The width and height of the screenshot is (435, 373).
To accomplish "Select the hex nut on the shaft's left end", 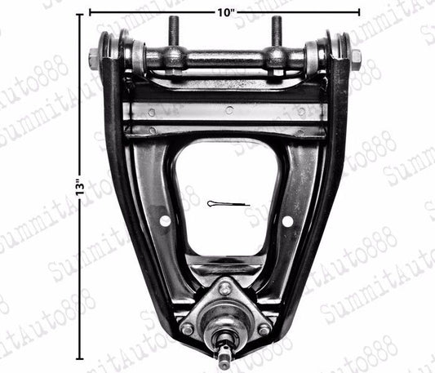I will tap(94, 60).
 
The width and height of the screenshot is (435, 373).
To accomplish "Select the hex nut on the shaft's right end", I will tap(355, 60).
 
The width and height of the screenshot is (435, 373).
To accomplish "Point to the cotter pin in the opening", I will tap(224, 203).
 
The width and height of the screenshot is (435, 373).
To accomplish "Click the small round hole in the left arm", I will tap(165, 220).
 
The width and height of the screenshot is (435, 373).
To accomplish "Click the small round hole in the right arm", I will tap(286, 220).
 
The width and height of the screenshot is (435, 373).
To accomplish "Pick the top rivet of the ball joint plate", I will tap(224, 289).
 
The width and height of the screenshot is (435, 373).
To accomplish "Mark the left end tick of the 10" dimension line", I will tap(89, 13).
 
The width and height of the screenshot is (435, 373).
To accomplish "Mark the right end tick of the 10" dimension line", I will tap(359, 13).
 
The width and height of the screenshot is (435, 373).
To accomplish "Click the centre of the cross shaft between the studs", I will tap(224, 59).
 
